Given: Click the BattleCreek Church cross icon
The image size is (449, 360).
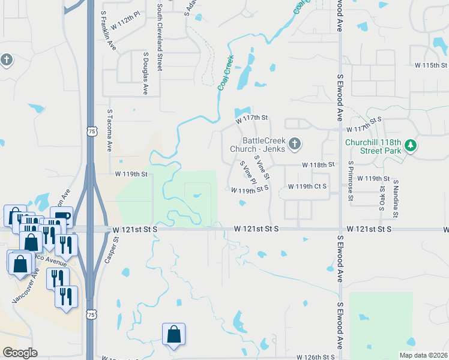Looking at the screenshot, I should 294,143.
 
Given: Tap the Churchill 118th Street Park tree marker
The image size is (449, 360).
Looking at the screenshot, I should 411,145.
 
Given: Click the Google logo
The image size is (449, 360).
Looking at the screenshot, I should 20,353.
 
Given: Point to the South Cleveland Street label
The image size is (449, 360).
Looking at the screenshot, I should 160,38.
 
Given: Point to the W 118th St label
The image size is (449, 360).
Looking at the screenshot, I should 318,164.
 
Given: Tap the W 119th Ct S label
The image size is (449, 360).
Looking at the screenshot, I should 307,187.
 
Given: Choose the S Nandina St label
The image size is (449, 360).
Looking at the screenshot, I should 396,197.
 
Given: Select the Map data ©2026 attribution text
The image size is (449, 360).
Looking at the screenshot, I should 423,355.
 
